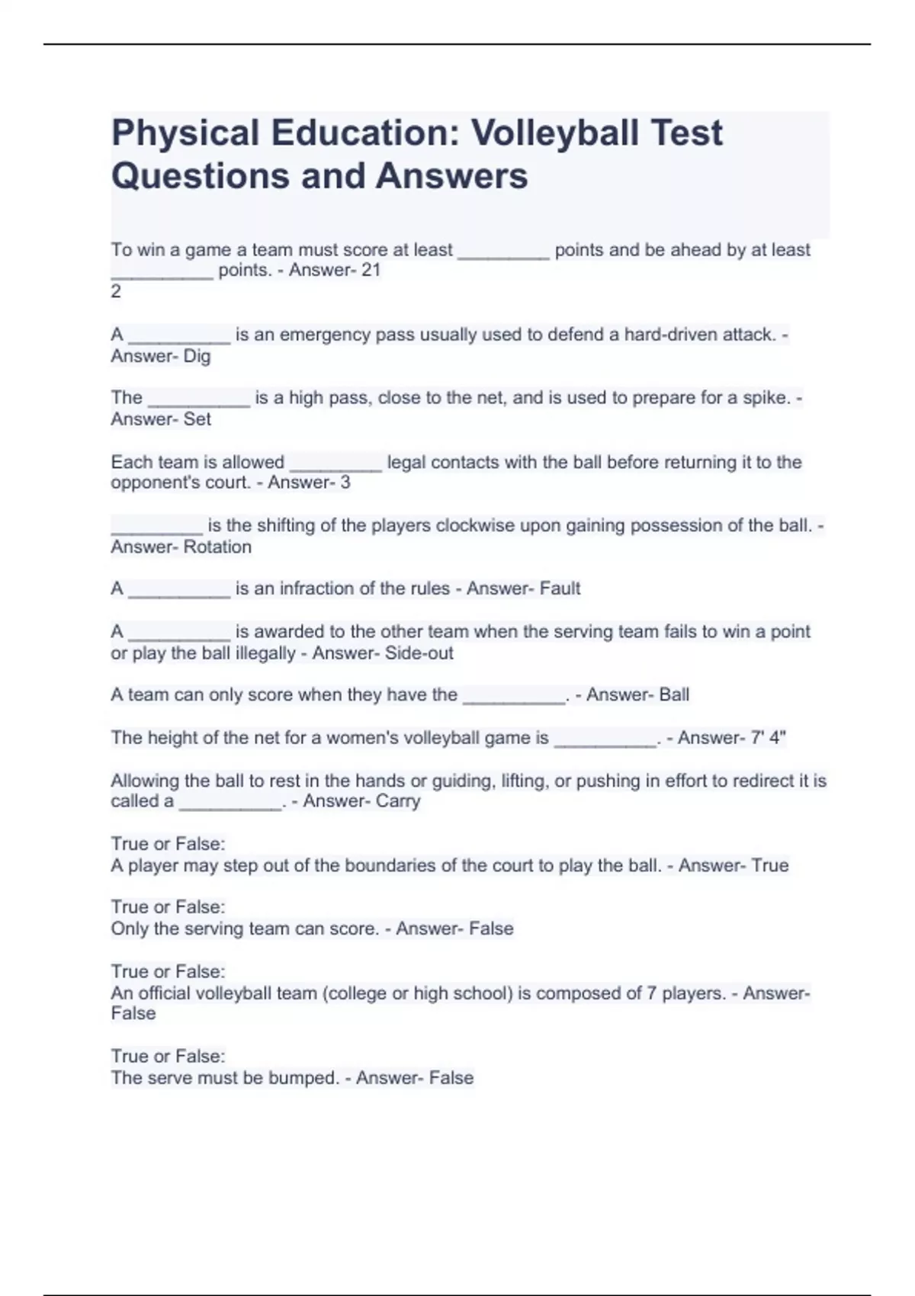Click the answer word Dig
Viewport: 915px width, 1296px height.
pos(197,356)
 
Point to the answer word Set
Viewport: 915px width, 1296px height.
pos(197,419)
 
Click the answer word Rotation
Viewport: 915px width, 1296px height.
pos(217,547)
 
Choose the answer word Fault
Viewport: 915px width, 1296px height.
pos(560,589)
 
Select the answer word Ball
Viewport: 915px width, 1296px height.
pos(674,695)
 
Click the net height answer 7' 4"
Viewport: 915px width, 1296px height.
pos(768,738)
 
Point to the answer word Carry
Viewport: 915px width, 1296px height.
pos(397,801)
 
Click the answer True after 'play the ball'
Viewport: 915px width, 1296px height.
pos(769,865)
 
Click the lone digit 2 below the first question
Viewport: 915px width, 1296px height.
pos(116,291)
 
